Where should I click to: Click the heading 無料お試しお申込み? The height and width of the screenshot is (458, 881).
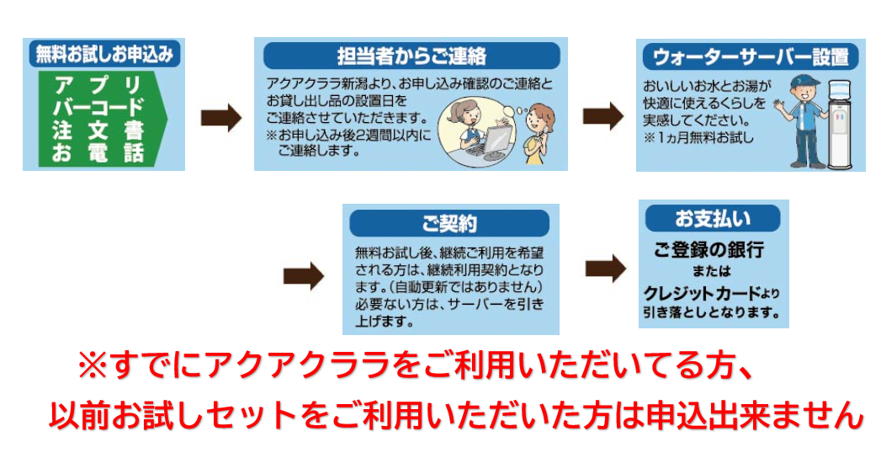[104, 55]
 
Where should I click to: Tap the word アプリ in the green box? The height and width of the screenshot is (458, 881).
[98, 85]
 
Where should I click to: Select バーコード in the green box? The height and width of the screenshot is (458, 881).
[98, 107]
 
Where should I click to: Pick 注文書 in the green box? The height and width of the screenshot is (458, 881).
[98, 130]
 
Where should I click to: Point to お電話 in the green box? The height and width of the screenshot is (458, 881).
[98, 153]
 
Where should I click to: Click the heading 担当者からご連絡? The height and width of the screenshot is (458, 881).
[411, 56]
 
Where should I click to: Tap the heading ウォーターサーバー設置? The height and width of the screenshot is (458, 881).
[751, 56]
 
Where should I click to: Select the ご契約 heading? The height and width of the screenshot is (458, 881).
[449, 224]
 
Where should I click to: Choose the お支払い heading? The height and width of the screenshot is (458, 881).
[713, 219]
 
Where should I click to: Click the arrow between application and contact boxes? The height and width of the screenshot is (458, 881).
[221, 118]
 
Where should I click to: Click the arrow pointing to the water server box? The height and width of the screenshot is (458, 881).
[602, 116]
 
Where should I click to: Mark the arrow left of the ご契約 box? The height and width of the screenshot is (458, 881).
[304, 275]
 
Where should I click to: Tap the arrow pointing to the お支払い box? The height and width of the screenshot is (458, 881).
[606, 268]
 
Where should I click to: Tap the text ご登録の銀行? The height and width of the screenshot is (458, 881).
[709, 249]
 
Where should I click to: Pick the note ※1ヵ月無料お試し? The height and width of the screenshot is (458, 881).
[698, 138]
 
